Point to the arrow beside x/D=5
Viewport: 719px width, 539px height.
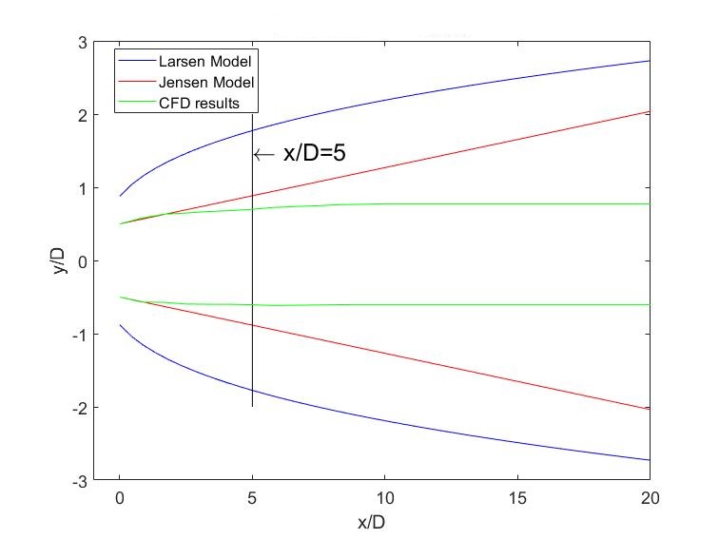pos(264,155)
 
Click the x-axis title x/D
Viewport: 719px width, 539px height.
pos(372,523)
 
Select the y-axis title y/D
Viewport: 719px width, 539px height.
pos(59,261)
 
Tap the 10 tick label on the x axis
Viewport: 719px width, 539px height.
pos(384,498)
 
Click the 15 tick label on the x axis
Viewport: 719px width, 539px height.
pos(517,498)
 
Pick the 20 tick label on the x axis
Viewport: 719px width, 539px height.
pos(651,498)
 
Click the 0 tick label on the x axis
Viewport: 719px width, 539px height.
pos(119,498)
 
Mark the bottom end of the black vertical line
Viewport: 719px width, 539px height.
pos(252,407)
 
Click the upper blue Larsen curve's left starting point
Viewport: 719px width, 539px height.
pos(119,196)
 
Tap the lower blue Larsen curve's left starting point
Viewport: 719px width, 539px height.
pos(119,325)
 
